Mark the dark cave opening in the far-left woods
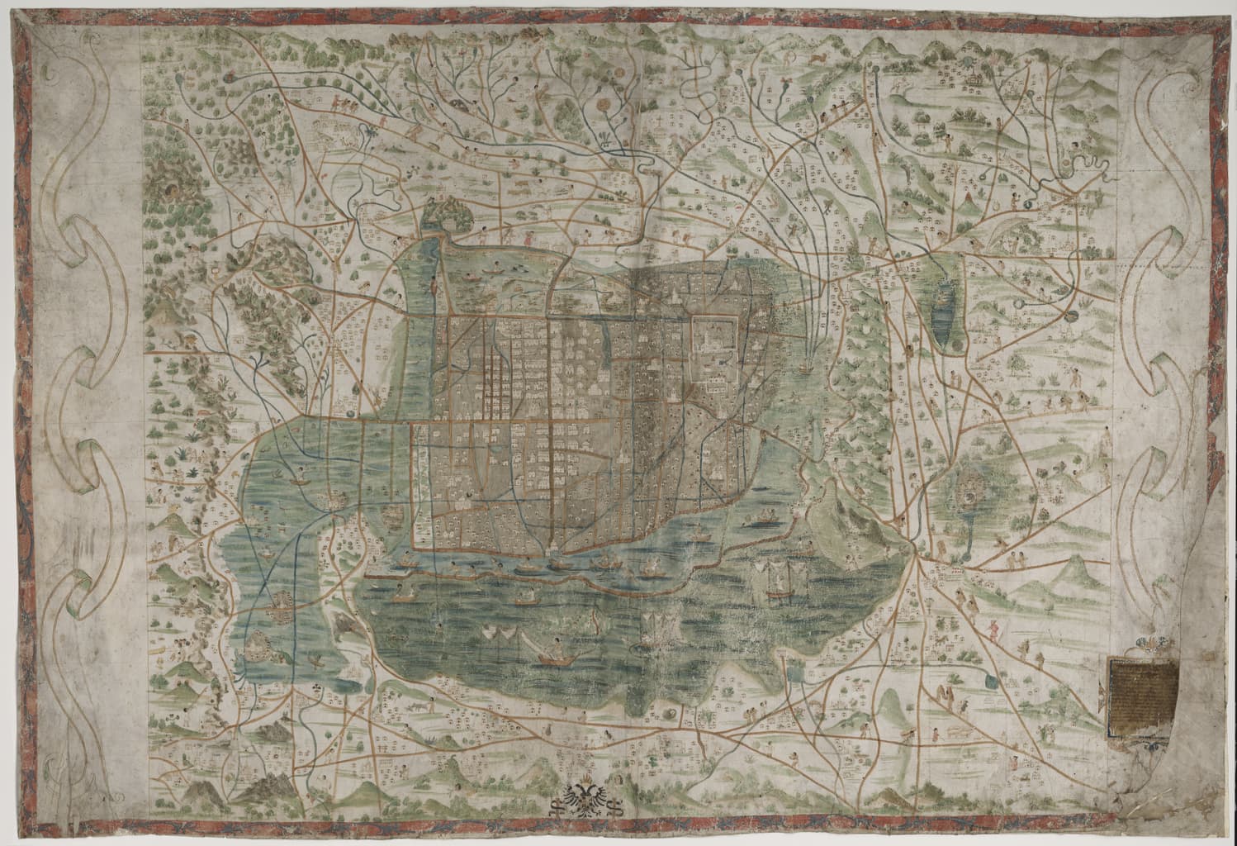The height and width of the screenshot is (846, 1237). point(173,191)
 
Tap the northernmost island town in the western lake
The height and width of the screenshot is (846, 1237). point(335,497)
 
